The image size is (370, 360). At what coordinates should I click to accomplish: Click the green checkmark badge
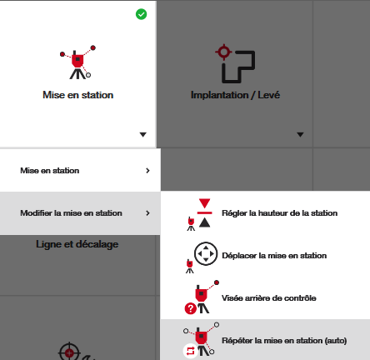click(141, 14)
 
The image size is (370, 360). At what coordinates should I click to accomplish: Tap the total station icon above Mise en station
click(78, 62)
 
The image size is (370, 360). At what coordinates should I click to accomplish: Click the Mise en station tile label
click(78, 95)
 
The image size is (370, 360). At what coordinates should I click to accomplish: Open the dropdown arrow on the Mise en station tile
click(142, 135)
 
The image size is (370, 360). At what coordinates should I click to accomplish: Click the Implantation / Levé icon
click(235, 63)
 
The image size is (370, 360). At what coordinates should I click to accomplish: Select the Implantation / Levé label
click(235, 95)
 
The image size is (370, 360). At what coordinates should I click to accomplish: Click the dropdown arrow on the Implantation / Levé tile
click(300, 135)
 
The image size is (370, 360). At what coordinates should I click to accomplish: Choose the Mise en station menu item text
click(50, 171)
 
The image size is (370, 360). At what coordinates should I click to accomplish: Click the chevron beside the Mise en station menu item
click(147, 171)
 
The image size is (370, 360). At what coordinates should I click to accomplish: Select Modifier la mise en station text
click(71, 213)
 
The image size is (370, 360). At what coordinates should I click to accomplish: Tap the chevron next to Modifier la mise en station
click(147, 213)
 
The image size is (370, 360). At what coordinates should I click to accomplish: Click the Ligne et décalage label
click(77, 244)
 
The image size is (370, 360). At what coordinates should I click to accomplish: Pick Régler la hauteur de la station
click(280, 213)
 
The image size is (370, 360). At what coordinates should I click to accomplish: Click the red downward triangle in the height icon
click(205, 203)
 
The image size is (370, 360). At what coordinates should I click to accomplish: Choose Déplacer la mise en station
click(274, 256)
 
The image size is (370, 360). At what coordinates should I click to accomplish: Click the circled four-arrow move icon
click(206, 253)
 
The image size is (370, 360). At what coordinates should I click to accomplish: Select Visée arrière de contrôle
click(269, 298)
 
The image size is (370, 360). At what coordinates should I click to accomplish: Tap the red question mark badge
click(191, 308)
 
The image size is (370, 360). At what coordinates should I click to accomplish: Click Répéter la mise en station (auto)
click(284, 341)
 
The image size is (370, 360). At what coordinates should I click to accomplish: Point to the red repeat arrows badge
click(190, 351)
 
